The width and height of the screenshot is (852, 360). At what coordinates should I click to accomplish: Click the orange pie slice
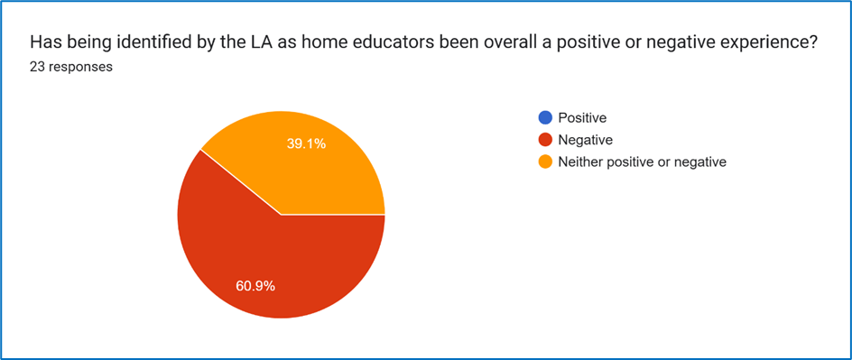pyautogui.click(x=304, y=163)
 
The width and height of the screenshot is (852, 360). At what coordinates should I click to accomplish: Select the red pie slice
pyautogui.click(x=272, y=261)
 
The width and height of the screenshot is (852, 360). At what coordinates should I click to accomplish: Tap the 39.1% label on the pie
pyautogui.click(x=306, y=143)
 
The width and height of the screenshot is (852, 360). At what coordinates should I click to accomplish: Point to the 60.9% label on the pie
pyautogui.click(x=255, y=286)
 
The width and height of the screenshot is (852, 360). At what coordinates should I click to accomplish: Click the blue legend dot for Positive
pyautogui.click(x=545, y=117)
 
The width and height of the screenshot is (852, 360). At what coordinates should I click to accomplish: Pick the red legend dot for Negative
pyautogui.click(x=545, y=140)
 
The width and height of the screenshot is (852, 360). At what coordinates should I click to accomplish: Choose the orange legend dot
pyautogui.click(x=545, y=162)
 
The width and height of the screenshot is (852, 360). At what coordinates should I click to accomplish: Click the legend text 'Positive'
pyautogui.click(x=582, y=117)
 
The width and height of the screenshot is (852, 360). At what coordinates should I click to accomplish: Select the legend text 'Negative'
pyautogui.click(x=586, y=140)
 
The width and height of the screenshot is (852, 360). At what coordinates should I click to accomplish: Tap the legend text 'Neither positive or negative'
pyautogui.click(x=643, y=162)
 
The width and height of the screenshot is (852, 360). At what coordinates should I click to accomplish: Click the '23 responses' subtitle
pyautogui.click(x=71, y=68)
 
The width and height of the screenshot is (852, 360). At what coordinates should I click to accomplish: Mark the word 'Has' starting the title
pyautogui.click(x=42, y=42)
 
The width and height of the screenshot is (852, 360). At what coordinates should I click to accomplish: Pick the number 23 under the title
pyautogui.click(x=37, y=68)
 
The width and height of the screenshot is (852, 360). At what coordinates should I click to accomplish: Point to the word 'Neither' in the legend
pyautogui.click(x=579, y=162)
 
